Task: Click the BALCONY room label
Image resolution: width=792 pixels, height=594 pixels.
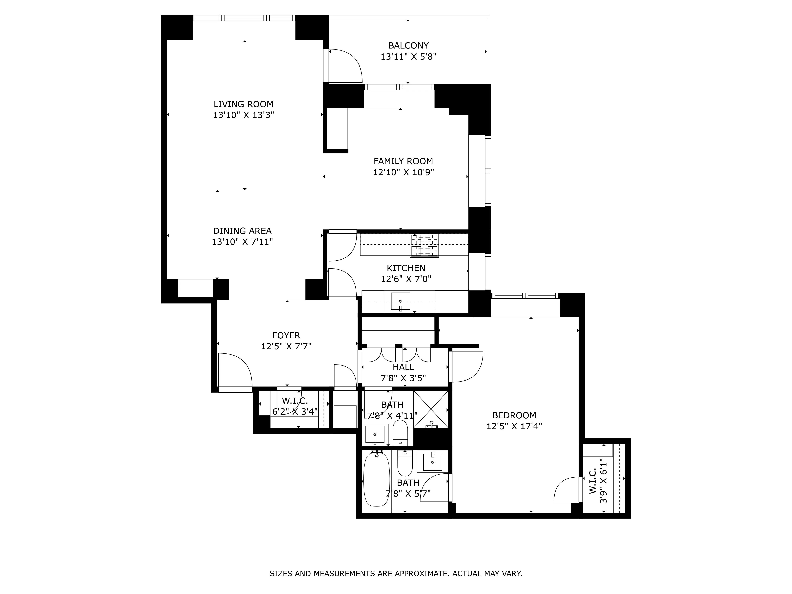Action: (408, 46)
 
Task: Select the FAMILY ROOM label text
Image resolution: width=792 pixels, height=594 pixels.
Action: (403, 161)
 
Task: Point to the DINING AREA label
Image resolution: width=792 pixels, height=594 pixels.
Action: (242, 231)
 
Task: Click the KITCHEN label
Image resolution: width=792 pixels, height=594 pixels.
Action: (406, 268)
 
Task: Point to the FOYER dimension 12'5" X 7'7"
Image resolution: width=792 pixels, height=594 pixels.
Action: (286, 346)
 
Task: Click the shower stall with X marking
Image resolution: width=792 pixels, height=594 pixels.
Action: (431, 409)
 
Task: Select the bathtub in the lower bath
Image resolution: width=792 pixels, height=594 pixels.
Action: (376, 480)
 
